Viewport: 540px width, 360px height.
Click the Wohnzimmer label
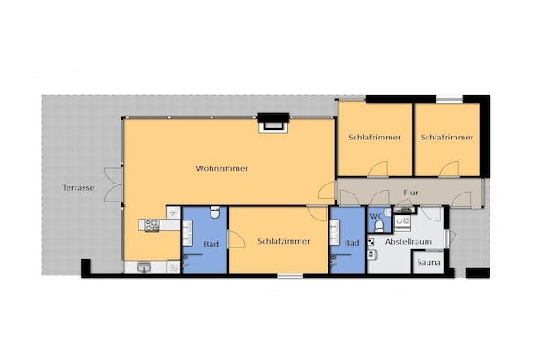pyautogui.click(x=221, y=169)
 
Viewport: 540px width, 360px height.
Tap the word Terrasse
pyautogui.click(x=78, y=188)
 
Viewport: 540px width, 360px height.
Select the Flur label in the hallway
pyautogui.click(x=411, y=193)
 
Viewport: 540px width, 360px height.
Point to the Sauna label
pyautogui.click(x=428, y=262)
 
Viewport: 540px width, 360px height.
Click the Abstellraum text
pyautogui.click(x=409, y=242)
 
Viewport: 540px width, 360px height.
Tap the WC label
pyautogui.click(x=376, y=216)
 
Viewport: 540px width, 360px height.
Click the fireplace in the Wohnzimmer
pyautogui.click(x=274, y=122)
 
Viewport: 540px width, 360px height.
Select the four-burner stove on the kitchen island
pyautogui.click(x=151, y=225)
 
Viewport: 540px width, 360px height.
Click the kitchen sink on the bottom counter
pyautogui.click(x=144, y=267)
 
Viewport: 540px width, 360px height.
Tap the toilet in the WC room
pyautogui.click(x=380, y=226)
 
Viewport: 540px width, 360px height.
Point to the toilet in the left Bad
pyautogui.click(x=214, y=212)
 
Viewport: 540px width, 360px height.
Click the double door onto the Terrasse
pyautogui.click(x=113, y=184)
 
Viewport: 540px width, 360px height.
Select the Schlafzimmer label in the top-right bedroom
pyautogui.click(x=447, y=138)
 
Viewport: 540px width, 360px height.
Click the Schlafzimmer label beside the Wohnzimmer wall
pyautogui.click(x=374, y=138)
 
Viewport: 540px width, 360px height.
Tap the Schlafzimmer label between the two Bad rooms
pyautogui.click(x=283, y=241)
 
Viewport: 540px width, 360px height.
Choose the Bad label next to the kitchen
pyautogui.click(x=211, y=244)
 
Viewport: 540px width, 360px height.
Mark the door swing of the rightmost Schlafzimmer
pyautogui.click(x=449, y=169)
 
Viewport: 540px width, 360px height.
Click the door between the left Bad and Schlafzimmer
pyautogui.click(x=236, y=239)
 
